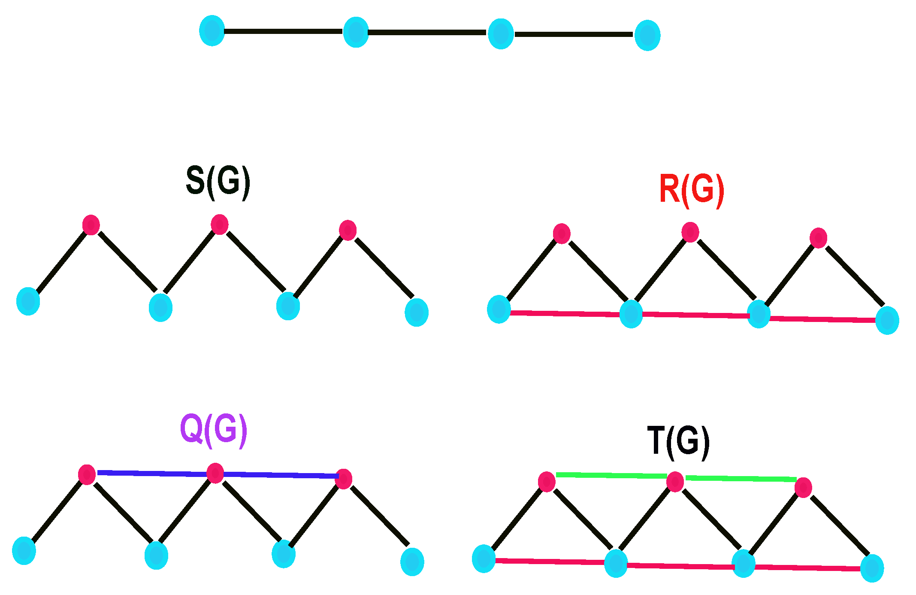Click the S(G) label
click(x=218, y=182)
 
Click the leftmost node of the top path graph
click(x=212, y=30)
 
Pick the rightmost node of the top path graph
click(x=647, y=35)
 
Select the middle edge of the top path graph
click(x=427, y=32)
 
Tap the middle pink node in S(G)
click(x=219, y=225)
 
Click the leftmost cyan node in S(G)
click(x=28, y=301)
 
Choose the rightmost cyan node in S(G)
click(x=416, y=312)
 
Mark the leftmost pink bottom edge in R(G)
click(x=565, y=314)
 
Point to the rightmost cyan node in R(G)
click(x=887, y=320)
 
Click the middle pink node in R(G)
click(x=690, y=232)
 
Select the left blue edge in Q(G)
click(x=152, y=473)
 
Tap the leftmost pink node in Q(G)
click(x=87, y=474)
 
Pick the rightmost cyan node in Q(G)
click(x=412, y=562)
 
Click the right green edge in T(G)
click(x=741, y=478)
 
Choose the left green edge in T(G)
click(x=611, y=475)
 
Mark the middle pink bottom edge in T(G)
click(x=680, y=566)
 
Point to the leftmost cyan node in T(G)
click(x=484, y=559)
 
